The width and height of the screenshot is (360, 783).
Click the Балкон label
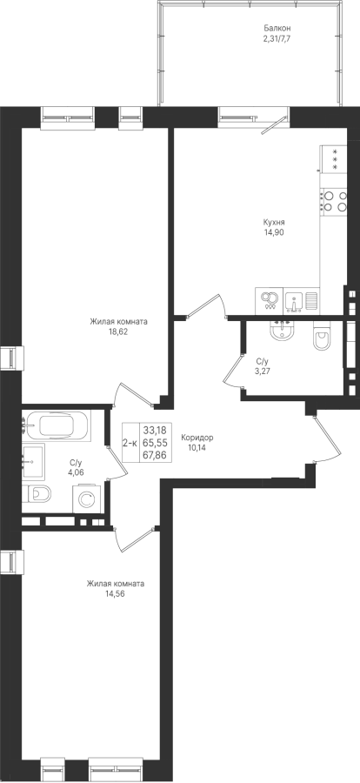[x=277, y=29]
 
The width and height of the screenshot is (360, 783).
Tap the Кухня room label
[x=274, y=222]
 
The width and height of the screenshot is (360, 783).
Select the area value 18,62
[x=118, y=331]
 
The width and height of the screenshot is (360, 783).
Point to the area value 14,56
[x=115, y=593]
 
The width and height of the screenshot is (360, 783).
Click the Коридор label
[x=197, y=438]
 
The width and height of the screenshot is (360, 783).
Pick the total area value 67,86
[x=155, y=454]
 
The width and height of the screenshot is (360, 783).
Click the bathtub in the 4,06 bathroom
[x=57, y=425]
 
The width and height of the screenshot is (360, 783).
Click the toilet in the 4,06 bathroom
[x=37, y=494]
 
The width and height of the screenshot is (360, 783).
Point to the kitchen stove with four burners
[x=333, y=200]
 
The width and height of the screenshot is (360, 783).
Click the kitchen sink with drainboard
[x=301, y=301]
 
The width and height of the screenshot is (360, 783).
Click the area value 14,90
[x=275, y=231]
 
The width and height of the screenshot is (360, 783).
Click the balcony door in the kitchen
[x=275, y=124]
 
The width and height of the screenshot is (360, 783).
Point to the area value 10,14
[x=197, y=447]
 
